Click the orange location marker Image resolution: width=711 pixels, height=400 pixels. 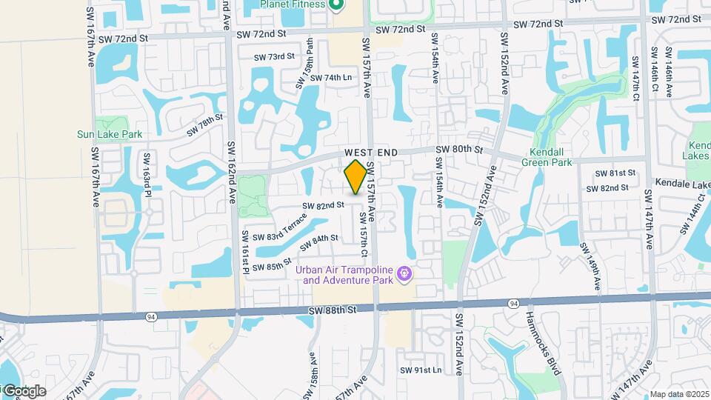coord(355,177)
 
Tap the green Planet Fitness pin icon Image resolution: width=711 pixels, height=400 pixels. coord(336,5)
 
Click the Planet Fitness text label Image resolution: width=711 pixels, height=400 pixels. coord(292,4)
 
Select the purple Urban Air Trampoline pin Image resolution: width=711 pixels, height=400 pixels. coord(404,275)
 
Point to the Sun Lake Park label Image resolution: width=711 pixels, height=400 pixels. coord(110,135)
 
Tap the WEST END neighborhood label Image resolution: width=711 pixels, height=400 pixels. coord(371,153)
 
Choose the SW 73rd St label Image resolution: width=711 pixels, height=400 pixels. coord(274,56)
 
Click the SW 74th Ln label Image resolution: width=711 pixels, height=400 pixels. coord(330,78)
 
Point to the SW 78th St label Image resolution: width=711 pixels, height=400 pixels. coord(204,126)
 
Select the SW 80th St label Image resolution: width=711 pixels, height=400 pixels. coord(459,150)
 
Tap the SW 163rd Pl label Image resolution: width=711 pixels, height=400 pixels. coord(147,174)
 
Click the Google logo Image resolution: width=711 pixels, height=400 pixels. coord(24,390)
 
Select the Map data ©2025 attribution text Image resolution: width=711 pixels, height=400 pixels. coord(679,394)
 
